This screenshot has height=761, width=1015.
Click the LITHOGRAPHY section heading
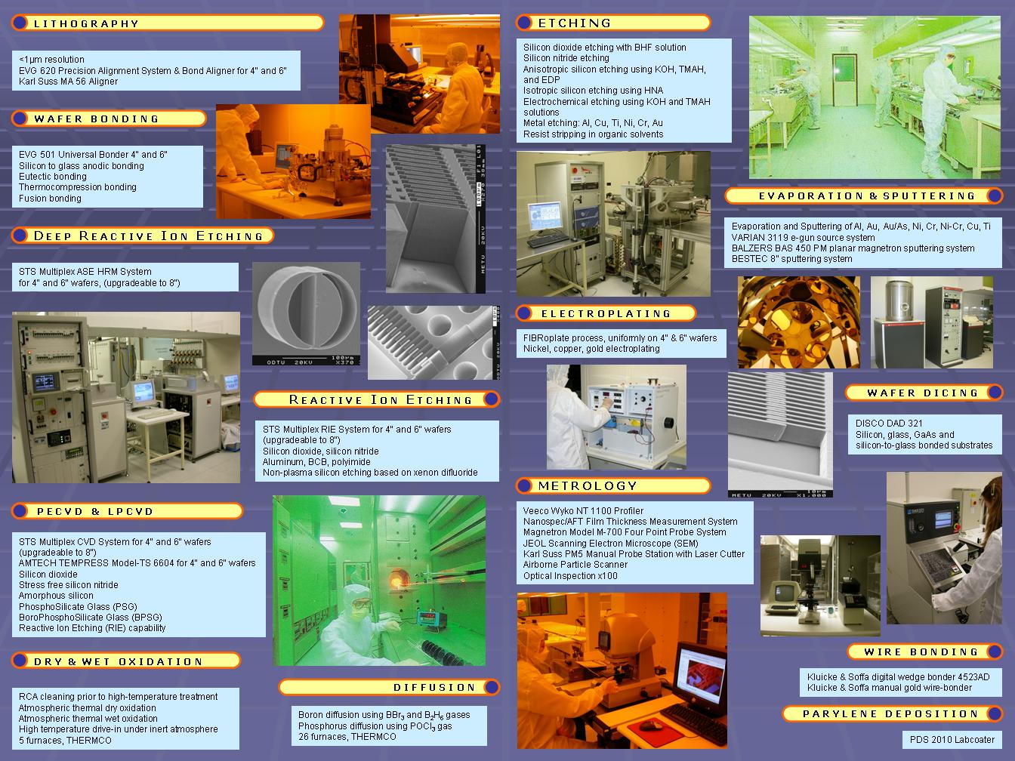86,23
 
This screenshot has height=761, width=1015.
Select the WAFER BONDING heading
96,119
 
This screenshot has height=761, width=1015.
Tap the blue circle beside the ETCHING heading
524,22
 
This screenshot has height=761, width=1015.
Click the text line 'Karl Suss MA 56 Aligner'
69,82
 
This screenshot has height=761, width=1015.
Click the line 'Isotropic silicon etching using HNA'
593,91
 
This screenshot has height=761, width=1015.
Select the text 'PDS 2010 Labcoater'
952,739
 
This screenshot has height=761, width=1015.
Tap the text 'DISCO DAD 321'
889,424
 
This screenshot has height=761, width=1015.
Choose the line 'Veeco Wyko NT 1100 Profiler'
583,510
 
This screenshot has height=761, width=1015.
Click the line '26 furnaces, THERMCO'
347,737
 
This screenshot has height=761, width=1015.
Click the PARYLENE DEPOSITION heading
890,714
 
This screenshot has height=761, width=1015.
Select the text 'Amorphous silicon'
56,596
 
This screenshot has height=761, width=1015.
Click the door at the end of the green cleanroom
846,79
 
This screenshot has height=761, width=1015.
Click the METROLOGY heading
588,485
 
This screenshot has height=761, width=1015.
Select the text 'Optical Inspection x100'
570,576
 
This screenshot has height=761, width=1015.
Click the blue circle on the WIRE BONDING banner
994,652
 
